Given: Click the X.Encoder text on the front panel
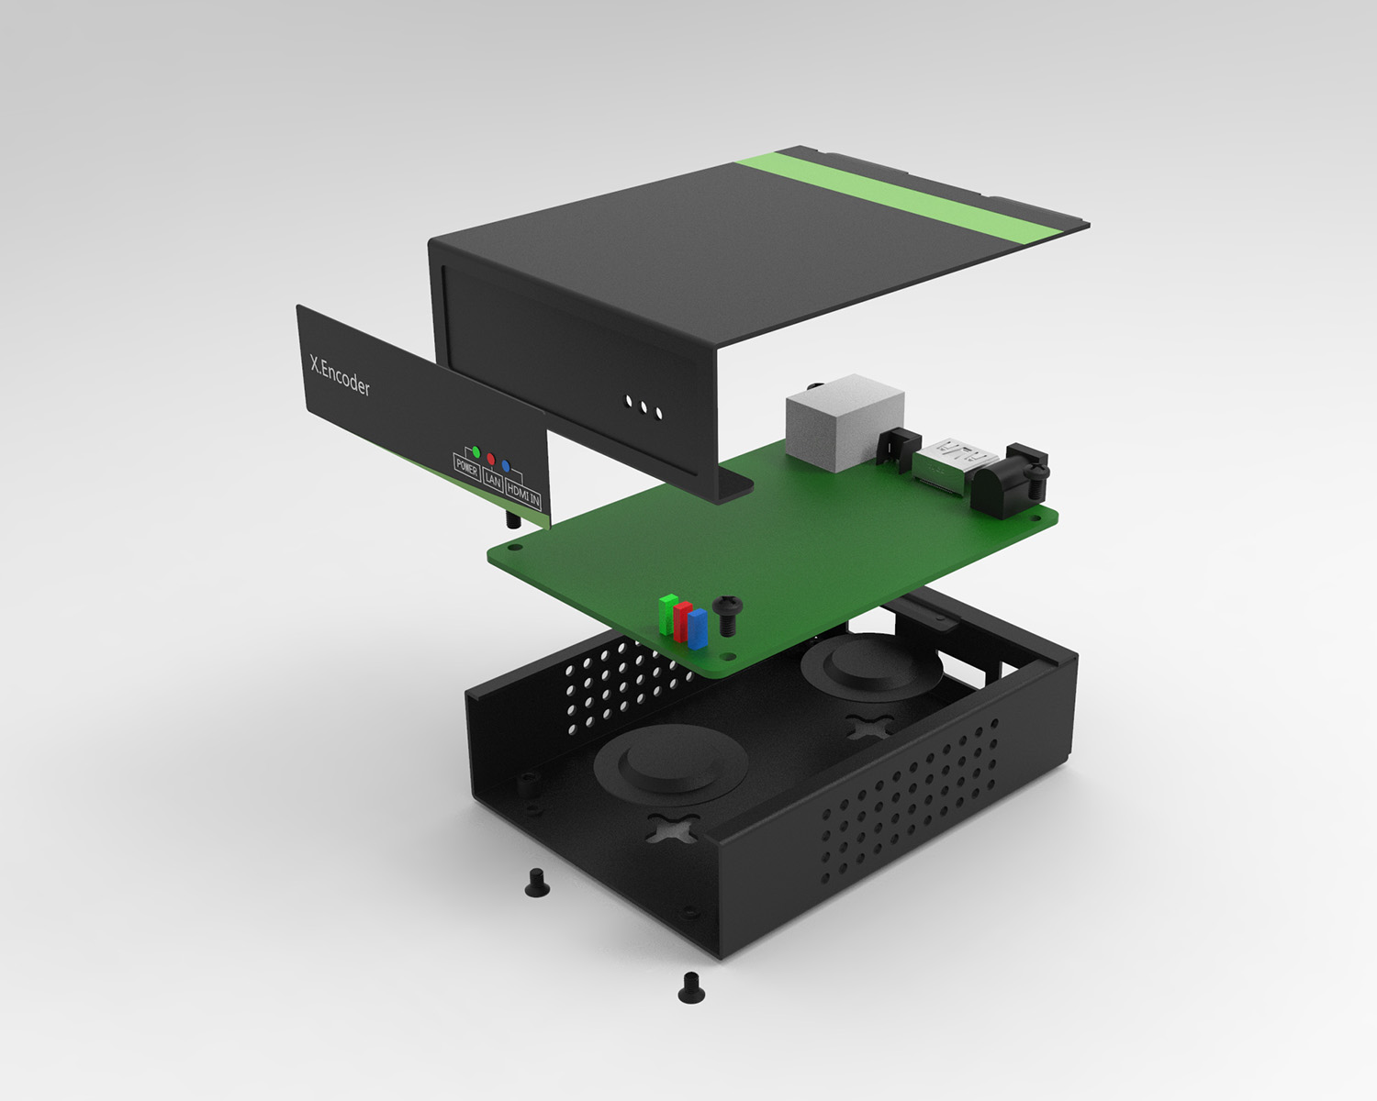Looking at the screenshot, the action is click(x=340, y=375).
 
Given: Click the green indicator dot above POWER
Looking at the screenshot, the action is click(x=476, y=452).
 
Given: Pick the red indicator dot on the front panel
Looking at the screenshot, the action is click(x=491, y=459).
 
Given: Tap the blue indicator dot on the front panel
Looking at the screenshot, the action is click(x=506, y=466).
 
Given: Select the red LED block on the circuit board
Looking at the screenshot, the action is click(x=682, y=621).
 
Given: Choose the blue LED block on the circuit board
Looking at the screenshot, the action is click(x=697, y=628).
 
